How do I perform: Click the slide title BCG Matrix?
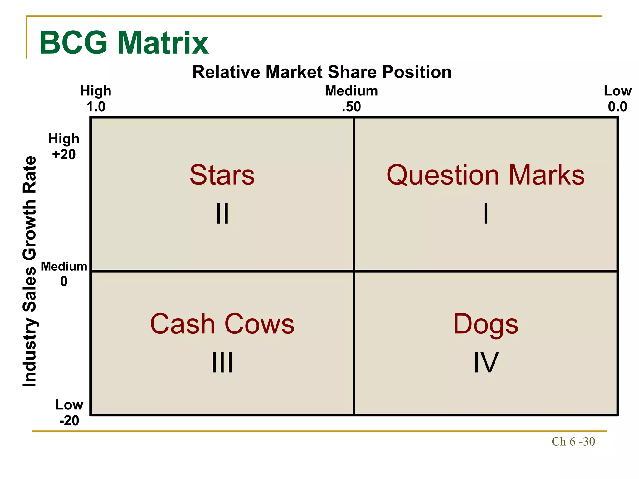[x=124, y=43]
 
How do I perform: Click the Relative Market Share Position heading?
[x=322, y=72]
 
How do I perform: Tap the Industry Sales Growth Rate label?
[x=30, y=271]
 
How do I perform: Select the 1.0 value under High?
[x=96, y=107]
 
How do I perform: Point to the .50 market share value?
[x=351, y=107]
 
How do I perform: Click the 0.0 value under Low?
[x=617, y=107]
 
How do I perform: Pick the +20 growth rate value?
[x=64, y=155]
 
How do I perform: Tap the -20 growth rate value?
[x=69, y=421]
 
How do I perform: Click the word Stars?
[x=222, y=175]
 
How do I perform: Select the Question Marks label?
[x=485, y=175]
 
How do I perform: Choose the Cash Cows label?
[x=222, y=324]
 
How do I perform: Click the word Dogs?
[x=485, y=325]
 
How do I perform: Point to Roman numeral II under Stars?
[x=222, y=214]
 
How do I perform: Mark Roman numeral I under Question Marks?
[x=486, y=214]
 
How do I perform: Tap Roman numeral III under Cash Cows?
[x=222, y=362]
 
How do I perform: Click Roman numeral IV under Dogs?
[x=486, y=362]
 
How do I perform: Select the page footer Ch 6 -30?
[x=573, y=442]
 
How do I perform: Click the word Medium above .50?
[x=351, y=91]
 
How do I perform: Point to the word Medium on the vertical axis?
[x=64, y=267]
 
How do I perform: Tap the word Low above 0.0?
[x=617, y=91]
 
